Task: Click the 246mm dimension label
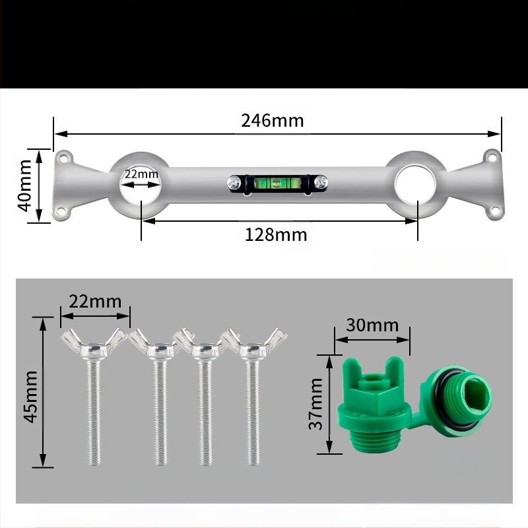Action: (272, 121)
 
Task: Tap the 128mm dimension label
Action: (276, 235)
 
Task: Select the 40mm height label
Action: (24, 185)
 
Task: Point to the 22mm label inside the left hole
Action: (141, 174)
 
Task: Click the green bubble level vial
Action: (277, 183)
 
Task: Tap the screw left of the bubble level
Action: (234, 183)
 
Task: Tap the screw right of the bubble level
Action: (321, 183)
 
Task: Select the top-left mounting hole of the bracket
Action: (63, 158)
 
